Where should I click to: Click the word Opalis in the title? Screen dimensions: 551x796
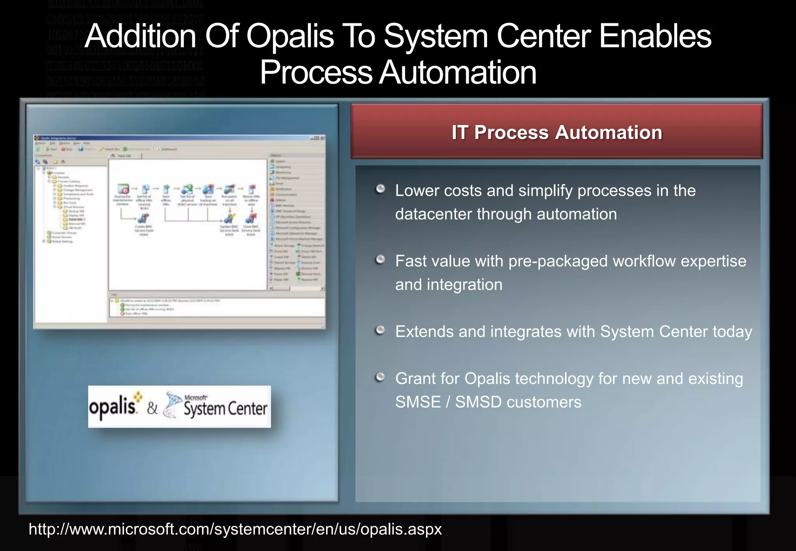click(290, 36)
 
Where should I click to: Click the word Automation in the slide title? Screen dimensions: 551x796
click(458, 73)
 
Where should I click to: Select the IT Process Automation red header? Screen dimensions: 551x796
click(557, 132)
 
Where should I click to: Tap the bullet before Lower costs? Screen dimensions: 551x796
click(381, 189)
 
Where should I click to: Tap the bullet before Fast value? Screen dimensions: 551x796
click(381, 259)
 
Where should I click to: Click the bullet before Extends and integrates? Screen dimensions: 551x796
click(381, 330)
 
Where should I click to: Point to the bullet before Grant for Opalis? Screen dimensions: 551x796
click(381, 377)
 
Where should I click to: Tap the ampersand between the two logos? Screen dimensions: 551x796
click(152, 408)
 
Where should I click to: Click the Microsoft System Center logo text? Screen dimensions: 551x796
click(225, 408)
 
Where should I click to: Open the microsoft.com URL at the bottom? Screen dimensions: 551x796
click(235, 529)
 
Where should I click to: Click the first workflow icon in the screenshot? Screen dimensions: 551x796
click(123, 189)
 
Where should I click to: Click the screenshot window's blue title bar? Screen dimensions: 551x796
click(179, 138)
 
